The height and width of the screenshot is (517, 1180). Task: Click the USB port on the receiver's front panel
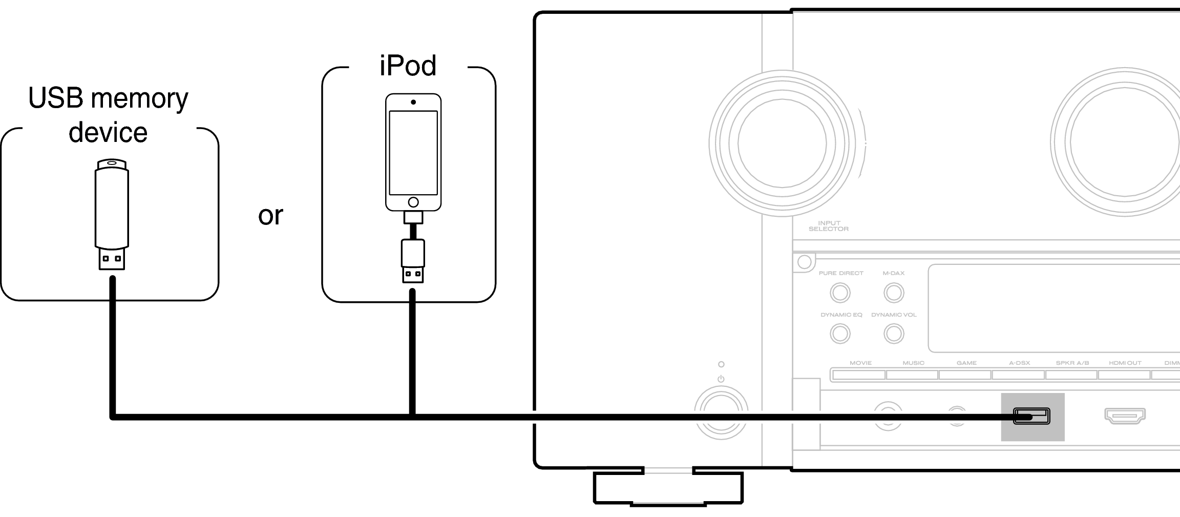point(1031,416)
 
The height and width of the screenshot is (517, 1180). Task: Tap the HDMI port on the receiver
point(1125,416)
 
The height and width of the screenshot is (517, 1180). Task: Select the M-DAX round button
point(894,293)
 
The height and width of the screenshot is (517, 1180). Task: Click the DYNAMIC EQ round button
point(840,334)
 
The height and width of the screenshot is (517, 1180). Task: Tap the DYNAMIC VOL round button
point(894,334)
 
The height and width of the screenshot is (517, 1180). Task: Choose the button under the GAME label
point(965,375)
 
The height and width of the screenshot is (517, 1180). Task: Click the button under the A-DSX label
point(1019,375)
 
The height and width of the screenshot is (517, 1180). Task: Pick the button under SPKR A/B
point(1072,375)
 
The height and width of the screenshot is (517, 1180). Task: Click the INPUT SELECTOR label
point(828,226)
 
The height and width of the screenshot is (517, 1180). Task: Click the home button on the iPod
point(413,202)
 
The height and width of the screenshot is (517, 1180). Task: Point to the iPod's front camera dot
point(413,102)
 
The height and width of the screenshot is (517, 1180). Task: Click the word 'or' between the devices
point(270,216)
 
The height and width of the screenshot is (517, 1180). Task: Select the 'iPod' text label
point(408,66)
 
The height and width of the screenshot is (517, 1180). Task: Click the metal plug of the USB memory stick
point(111,259)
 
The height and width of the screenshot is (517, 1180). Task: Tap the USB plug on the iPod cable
point(413,274)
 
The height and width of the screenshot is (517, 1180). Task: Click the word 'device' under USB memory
point(108,132)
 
